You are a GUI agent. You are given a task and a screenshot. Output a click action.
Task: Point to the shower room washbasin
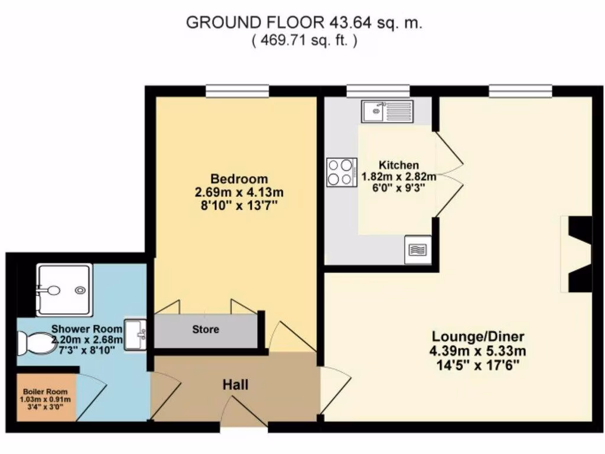(x=135, y=335)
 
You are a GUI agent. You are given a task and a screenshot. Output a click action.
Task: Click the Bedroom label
(x=239, y=179)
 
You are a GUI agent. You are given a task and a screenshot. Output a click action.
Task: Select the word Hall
(x=235, y=385)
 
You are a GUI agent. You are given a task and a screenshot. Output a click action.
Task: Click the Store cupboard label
(x=206, y=329)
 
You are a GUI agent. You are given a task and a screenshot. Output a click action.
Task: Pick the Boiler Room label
(x=45, y=392)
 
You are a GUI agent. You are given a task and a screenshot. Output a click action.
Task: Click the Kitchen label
(x=399, y=165)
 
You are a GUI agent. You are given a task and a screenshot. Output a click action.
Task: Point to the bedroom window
(x=238, y=90)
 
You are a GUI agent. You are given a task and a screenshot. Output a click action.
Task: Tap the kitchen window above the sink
(x=378, y=90)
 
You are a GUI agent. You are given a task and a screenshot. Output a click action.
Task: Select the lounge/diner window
(x=521, y=90)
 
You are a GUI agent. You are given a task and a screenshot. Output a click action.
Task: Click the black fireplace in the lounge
(x=579, y=254)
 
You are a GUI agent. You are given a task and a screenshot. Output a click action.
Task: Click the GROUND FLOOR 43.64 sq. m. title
(x=304, y=23)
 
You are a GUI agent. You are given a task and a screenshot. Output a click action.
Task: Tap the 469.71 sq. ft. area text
(x=304, y=41)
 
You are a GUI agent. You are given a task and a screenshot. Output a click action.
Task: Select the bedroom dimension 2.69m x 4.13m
(x=239, y=192)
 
